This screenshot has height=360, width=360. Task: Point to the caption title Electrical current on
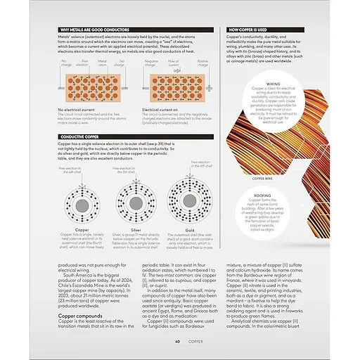tap(163, 110)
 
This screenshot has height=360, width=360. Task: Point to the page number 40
tap(178, 342)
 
